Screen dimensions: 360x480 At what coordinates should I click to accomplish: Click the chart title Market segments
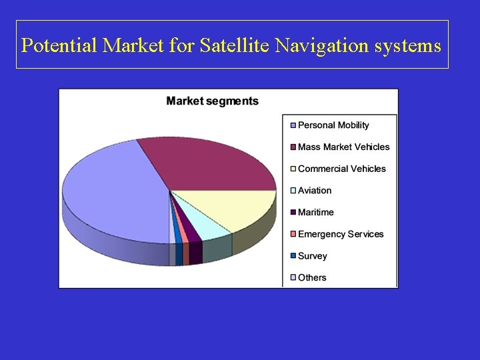click(212, 101)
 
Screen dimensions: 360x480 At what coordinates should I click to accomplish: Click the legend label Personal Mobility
click(333, 125)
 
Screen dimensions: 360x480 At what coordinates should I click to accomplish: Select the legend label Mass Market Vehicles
click(343, 147)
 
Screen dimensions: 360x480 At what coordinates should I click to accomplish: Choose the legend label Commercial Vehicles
click(341, 169)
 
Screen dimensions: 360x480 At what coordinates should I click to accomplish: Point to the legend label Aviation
click(315, 191)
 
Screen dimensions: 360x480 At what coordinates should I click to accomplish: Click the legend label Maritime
click(316, 212)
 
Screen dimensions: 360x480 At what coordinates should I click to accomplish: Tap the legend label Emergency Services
click(341, 234)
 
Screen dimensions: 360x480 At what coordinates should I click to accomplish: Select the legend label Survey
click(313, 256)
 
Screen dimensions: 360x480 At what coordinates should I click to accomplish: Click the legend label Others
click(312, 277)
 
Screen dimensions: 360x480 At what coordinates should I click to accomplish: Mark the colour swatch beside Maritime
click(293, 213)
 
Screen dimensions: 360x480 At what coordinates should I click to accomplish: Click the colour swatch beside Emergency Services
click(293, 235)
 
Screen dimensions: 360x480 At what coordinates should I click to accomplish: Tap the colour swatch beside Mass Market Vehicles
click(293, 147)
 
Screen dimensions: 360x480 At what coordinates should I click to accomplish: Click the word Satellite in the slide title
click(231, 45)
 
